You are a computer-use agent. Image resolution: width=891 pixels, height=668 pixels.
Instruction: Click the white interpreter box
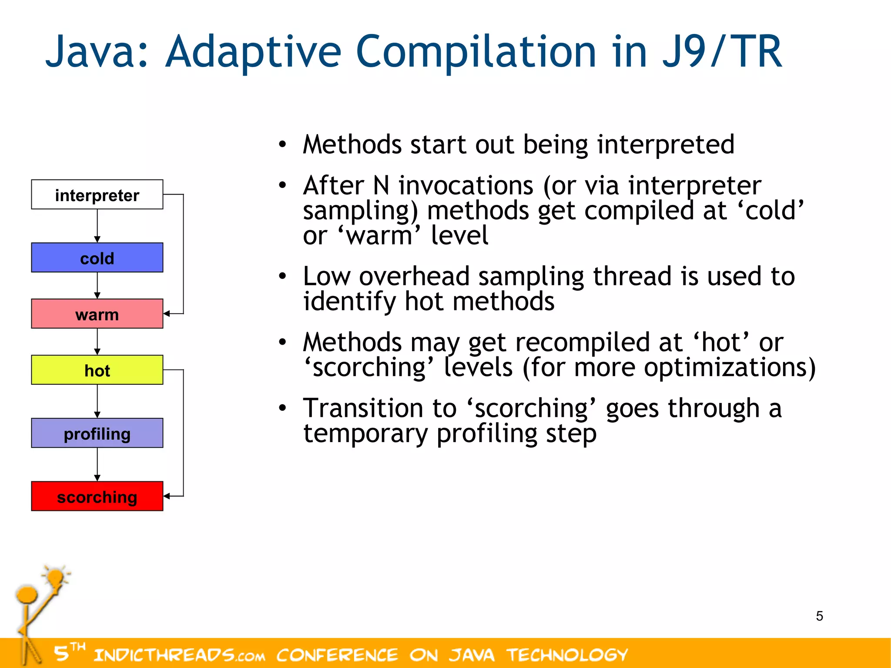(97, 195)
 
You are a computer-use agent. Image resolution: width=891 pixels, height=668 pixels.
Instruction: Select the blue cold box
(97, 258)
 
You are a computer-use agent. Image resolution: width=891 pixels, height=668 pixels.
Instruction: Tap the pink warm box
(97, 314)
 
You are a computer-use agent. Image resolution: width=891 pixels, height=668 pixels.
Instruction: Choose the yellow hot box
(97, 370)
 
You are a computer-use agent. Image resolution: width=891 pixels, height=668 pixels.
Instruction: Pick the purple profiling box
(97, 433)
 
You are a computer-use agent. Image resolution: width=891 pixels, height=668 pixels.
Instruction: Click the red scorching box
(97, 496)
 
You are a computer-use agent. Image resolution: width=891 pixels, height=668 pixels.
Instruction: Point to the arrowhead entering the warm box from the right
(167, 313)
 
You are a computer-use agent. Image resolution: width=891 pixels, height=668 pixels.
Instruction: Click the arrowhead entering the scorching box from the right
(167, 496)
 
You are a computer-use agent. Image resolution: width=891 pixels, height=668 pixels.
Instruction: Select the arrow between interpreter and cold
(97, 225)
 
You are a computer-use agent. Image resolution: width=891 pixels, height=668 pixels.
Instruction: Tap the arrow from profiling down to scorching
(97, 464)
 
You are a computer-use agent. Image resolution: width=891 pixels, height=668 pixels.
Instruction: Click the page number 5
(819, 616)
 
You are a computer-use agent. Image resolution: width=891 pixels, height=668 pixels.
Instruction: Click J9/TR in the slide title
(722, 52)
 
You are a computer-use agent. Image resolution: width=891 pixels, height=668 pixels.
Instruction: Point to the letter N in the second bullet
(381, 186)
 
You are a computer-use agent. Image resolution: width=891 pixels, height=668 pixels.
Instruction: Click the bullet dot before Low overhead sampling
(283, 276)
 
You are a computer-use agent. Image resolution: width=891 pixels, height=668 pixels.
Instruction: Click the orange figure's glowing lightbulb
(56, 578)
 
